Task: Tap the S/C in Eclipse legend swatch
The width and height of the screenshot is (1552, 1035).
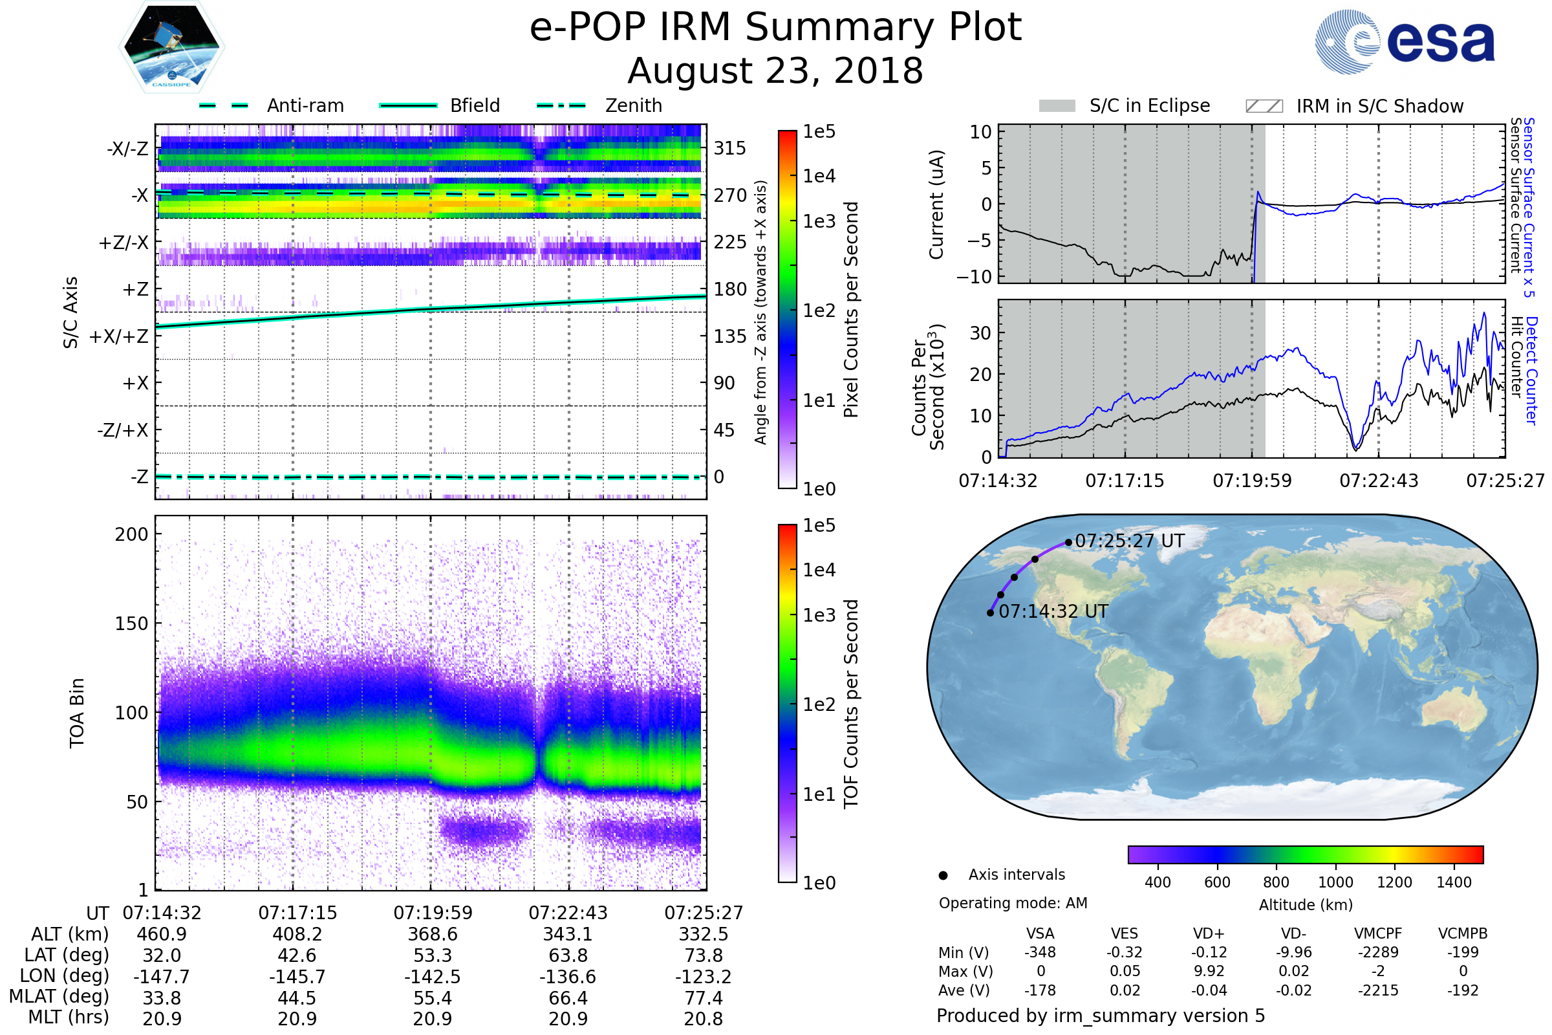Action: click(x=1057, y=106)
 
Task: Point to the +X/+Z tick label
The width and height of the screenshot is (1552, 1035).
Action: click(x=119, y=336)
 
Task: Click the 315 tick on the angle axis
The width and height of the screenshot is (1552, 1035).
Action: click(x=730, y=149)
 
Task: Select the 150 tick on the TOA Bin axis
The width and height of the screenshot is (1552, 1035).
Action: click(x=131, y=624)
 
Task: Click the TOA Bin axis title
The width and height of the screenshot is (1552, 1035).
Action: click(x=77, y=712)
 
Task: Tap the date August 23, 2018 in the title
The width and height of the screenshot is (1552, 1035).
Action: click(x=775, y=71)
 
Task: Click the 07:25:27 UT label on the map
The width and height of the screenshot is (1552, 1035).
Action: click(x=1130, y=541)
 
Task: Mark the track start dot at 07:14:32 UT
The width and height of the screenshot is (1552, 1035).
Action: click(x=991, y=613)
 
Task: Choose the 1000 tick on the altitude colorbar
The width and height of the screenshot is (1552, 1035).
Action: click(x=1335, y=882)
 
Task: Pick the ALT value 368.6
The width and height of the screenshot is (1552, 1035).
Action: click(x=432, y=935)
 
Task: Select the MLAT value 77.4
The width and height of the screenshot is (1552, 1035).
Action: click(x=704, y=998)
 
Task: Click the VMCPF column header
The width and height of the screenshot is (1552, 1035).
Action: click(x=1378, y=934)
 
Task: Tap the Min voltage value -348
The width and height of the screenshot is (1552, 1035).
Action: click(x=1040, y=952)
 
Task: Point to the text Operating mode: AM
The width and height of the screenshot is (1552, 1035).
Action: click(x=1013, y=903)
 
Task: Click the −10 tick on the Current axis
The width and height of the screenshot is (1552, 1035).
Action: click(x=974, y=277)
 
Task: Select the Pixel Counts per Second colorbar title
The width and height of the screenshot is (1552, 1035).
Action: click(x=851, y=310)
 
